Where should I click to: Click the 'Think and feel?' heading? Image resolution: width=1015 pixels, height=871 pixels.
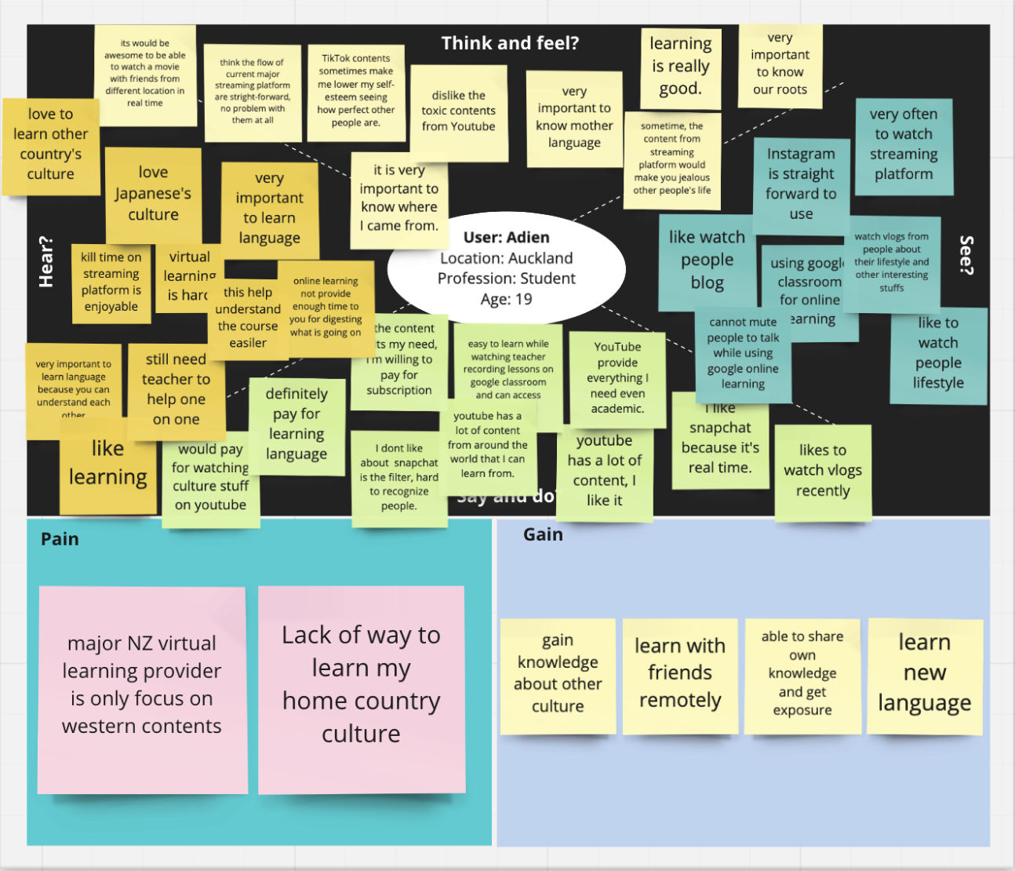[510, 43]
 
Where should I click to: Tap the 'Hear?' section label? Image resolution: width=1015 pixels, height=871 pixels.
[46, 261]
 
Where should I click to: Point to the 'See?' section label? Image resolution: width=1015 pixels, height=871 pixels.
[967, 254]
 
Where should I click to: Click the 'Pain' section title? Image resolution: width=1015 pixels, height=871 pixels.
[60, 539]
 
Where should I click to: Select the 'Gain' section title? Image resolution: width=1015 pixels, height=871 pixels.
[543, 534]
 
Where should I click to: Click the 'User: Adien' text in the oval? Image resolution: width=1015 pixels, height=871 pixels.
[506, 237]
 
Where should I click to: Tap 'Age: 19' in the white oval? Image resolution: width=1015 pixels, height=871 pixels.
[506, 299]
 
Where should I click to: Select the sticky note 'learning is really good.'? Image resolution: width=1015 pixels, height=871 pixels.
[680, 67]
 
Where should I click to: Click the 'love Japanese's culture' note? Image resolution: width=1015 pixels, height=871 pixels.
[153, 193]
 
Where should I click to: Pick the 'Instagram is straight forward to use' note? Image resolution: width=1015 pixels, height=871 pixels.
[801, 184]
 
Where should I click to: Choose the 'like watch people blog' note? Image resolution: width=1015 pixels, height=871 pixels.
[707, 260]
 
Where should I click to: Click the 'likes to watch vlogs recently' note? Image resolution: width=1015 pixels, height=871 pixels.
[823, 471]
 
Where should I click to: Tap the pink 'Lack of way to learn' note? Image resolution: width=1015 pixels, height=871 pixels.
[361, 684]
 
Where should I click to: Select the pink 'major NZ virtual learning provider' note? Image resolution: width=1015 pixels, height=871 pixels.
[142, 685]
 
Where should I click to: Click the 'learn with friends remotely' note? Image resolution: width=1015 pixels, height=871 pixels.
[680, 673]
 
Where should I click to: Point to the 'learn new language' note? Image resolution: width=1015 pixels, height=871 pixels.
[924, 673]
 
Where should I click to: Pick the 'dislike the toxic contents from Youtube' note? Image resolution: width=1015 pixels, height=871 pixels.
[458, 111]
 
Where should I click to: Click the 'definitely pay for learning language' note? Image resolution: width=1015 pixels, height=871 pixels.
[296, 424]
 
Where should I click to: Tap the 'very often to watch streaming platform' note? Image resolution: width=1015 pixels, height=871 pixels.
[904, 144]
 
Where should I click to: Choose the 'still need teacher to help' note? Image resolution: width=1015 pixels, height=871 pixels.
[176, 389]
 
